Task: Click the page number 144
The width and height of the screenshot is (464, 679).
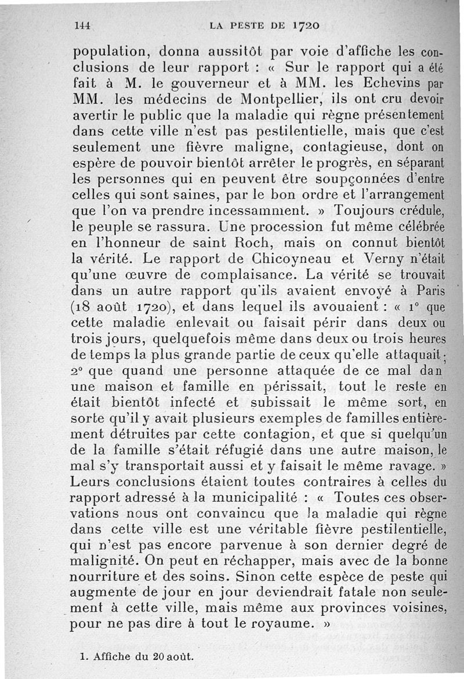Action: point(84,25)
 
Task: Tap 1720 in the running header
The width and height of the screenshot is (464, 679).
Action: point(306,25)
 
